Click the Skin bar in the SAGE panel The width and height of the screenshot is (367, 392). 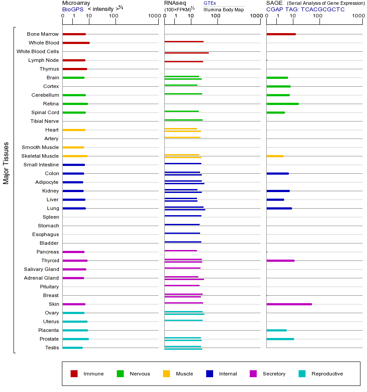pos(289,304)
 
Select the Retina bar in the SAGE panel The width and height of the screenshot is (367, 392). pos(282,104)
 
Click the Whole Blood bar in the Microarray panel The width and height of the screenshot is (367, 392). pos(76,43)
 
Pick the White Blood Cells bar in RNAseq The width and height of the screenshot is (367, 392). pos(187,53)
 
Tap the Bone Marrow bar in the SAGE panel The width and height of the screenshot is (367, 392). pos(281,34)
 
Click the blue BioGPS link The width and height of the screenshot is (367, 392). pos(72,9)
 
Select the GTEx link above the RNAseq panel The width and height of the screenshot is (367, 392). pos(210,3)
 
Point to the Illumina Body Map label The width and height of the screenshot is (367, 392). pos(224,9)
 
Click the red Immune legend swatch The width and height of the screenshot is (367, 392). pos(74,374)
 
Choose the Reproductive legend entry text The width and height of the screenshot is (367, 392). pos(327,374)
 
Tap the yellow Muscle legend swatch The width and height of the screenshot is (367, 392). pos(167,374)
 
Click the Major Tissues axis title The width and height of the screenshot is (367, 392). pos(6,162)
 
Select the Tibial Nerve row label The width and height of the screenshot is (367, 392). pos(44,121)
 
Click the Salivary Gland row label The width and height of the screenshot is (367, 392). pos(41,269)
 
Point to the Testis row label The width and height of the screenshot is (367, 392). pos(52,348)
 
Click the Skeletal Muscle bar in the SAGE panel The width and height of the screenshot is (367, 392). pos(275,156)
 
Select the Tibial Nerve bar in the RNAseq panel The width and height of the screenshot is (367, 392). pos(183,120)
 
